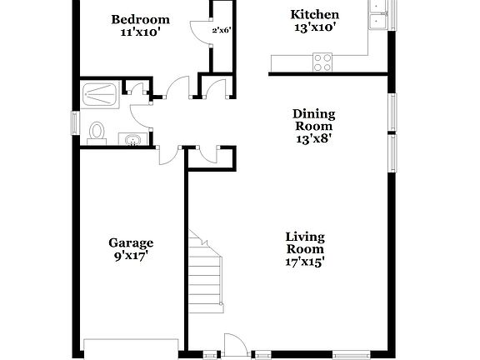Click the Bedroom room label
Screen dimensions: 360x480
click(141, 20)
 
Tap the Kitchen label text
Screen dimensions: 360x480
click(314, 14)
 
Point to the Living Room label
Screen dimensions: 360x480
click(305, 242)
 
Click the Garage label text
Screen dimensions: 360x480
click(131, 243)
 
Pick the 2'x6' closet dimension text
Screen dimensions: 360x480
click(221, 31)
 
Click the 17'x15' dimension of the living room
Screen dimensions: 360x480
click(304, 262)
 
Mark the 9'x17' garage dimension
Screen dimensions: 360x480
click(131, 257)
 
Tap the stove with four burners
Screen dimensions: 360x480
click(322, 62)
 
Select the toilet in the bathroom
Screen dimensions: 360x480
click(97, 131)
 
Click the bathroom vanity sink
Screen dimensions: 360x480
click(132, 139)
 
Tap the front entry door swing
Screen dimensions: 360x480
click(234, 343)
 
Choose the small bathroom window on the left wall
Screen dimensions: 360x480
click(76, 122)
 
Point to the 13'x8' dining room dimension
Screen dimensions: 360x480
click(312, 138)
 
